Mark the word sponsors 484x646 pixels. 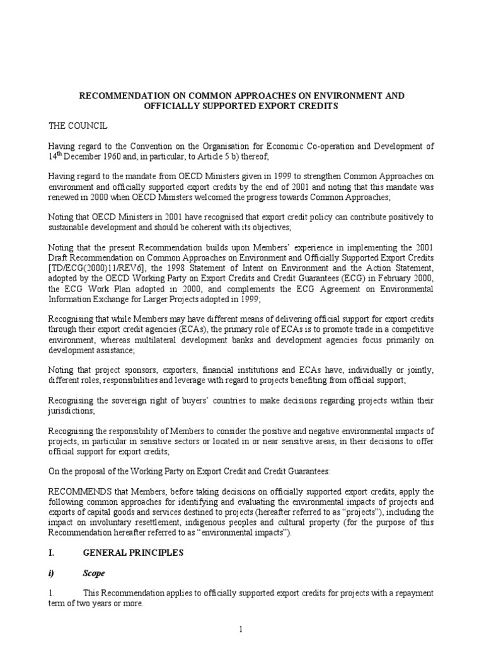pyautogui.click(x=115, y=370)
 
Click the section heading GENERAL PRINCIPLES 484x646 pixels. pyautogui.click(x=133, y=553)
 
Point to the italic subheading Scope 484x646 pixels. pyautogui.click(x=95, y=574)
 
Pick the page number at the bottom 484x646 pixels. pyautogui.click(x=241, y=630)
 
